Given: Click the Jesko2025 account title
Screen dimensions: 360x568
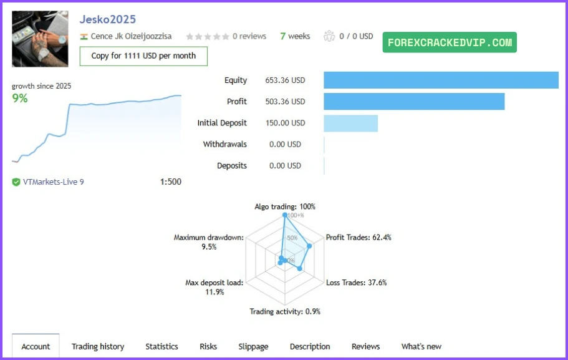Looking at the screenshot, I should (107, 20).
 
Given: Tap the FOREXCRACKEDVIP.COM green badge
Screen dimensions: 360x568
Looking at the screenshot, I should (450, 42).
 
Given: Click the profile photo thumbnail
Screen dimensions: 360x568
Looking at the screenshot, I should (40, 39).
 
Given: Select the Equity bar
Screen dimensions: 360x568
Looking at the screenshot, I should (441, 80).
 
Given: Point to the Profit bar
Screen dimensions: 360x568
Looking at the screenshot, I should (413, 102).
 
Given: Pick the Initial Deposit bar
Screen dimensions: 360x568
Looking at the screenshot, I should (350, 123).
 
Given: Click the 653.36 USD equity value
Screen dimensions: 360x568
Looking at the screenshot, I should (285, 80).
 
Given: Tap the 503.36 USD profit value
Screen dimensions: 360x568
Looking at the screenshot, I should (285, 102).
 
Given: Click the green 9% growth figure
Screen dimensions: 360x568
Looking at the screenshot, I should (20, 98).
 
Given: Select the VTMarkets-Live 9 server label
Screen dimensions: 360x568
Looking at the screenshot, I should (53, 182).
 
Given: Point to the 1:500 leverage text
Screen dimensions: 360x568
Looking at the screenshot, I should (170, 182).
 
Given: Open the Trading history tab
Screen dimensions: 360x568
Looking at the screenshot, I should (98, 346).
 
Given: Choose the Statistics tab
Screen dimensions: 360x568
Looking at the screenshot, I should (161, 346).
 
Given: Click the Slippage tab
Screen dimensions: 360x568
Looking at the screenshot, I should (253, 346).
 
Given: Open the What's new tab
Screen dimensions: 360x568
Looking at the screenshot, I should (421, 346).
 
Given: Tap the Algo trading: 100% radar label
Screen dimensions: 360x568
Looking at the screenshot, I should (285, 207).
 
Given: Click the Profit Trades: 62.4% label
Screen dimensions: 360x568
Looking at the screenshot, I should (359, 238).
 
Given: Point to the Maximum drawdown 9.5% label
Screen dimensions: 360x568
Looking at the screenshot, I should (209, 242).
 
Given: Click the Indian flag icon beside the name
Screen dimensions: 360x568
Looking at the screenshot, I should (84, 36).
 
